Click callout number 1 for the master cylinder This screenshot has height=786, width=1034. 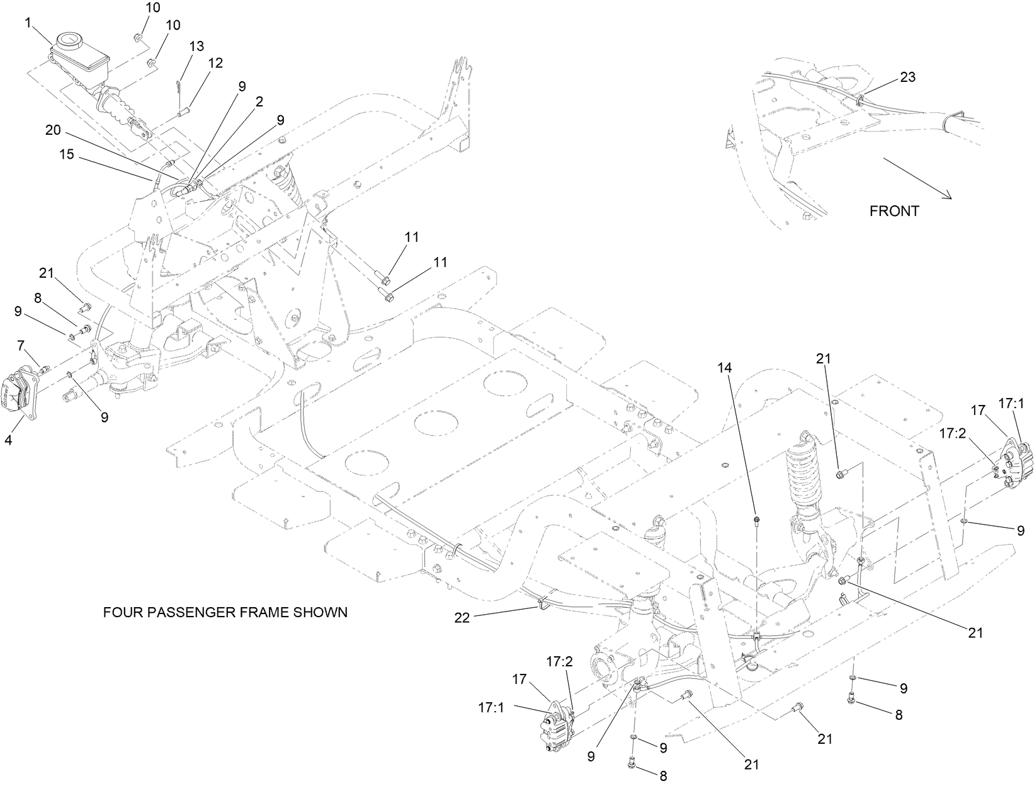[x=28, y=23]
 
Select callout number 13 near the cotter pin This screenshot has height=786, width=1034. [x=196, y=46]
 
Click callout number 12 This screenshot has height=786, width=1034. [x=215, y=63]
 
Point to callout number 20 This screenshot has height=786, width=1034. [x=54, y=130]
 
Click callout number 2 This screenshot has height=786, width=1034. [x=259, y=101]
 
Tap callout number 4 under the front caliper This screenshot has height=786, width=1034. [x=8, y=441]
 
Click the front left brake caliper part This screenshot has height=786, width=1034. [x=20, y=394]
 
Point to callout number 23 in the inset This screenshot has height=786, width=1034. [x=907, y=77]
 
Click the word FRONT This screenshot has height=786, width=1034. [x=894, y=212]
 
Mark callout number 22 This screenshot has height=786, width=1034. [x=462, y=618]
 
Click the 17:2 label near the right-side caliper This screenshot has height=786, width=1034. [x=951, y=434]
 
